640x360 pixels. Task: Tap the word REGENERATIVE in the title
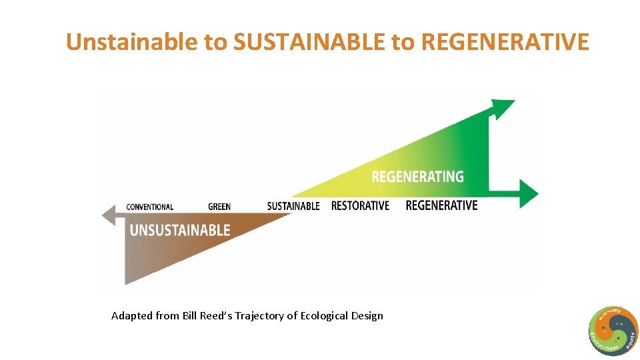coord(505,42)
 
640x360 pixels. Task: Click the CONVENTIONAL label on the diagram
coord(149,207)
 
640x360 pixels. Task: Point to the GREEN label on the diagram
coord(219,207)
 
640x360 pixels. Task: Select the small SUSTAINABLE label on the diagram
coord(293,206)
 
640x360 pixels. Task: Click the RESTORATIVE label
coord(360,205)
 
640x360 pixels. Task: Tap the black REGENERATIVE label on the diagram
coord(441,205)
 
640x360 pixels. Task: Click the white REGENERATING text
coord(417,177)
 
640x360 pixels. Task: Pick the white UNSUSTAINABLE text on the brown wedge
coord(180,231)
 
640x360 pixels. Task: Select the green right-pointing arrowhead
coord(529,193)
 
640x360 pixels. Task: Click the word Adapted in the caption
coord(132,316)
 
